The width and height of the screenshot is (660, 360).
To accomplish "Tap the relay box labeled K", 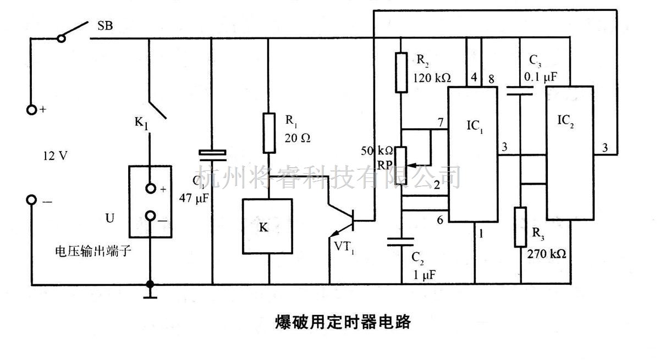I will (x=264, y=227).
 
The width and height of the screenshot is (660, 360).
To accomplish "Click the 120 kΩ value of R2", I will (x=432, y=78).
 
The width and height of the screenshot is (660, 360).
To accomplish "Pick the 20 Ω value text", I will (x=298, y=138).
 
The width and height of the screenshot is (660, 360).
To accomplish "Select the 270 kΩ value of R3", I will (x=547, y=254).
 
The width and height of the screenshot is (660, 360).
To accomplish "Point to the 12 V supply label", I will (x=56, y=156).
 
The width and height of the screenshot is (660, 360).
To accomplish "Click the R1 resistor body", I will (x=269, y=132).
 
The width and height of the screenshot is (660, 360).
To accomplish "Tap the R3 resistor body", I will (x=520, y=226).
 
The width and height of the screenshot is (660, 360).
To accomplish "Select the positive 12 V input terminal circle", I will (x=32, y=109).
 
